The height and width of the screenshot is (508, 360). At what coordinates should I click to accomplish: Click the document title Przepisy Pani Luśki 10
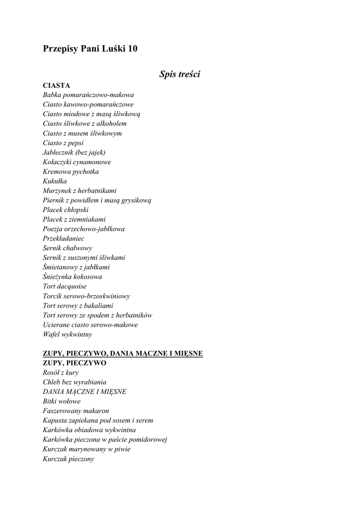click(90, 49)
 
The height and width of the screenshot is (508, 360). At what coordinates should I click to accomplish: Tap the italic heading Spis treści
click(180, 74)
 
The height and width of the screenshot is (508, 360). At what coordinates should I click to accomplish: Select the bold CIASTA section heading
click(57, 85)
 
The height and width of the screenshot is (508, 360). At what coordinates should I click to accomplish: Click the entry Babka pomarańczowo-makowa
click(88, 95)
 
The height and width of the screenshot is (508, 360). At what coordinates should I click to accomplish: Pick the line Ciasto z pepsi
click(63, 143)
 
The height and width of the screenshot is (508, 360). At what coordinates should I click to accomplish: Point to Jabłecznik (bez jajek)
click(74, 152)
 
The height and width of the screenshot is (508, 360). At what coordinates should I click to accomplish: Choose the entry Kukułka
click(55, 181)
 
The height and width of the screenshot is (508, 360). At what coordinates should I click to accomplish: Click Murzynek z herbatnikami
click(80, 190)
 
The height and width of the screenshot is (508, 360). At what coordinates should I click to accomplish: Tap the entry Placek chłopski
click(66, 210)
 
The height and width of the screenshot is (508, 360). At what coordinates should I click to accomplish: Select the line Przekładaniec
click(64, 238)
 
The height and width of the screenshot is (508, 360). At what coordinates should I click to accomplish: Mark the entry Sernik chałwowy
click(68, 248)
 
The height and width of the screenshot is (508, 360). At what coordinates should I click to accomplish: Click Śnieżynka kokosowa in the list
click(72, 277)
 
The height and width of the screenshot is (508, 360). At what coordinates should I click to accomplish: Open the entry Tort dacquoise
click(65, 286)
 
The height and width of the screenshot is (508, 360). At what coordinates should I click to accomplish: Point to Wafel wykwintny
click(68, 334)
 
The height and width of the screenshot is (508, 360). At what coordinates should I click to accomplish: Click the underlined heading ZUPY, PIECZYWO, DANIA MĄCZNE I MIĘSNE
click(123, 354)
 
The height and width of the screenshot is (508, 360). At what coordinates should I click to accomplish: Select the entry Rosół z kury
click(61, 373)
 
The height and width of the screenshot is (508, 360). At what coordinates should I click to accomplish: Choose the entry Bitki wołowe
click(62, 401)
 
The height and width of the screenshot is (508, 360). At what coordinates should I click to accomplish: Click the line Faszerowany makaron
click(76, 411)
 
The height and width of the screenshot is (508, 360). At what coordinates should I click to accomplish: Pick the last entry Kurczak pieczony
click(69, 459)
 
